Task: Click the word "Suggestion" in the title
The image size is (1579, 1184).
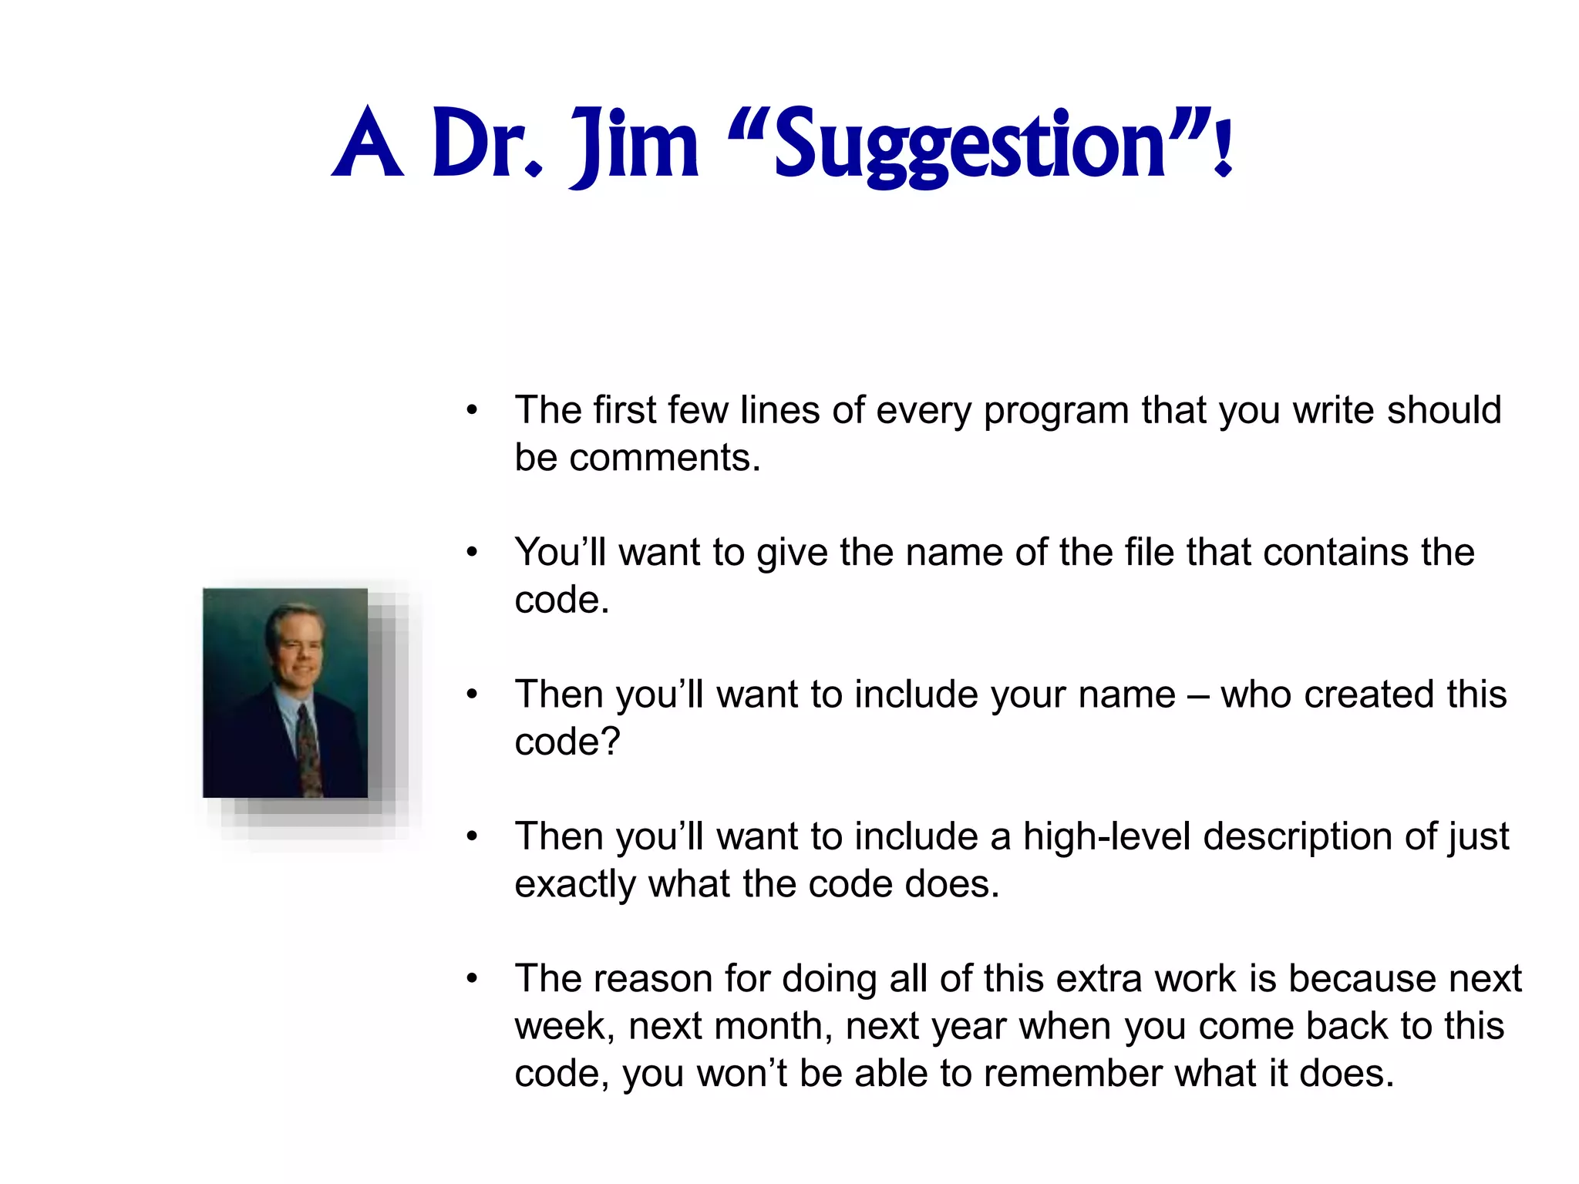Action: pos(970,145)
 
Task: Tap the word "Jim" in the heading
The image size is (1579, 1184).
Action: pos(634,145)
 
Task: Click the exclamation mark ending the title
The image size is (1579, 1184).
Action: pos(1223,145)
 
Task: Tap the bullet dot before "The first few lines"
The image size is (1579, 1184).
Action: pos(472,410)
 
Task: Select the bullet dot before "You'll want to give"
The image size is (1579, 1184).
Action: pos(472,552)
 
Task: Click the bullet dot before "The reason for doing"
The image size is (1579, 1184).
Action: pos(472,979)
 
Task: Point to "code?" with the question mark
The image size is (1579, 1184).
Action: pos(567,742)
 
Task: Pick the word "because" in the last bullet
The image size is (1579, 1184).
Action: pos(1362,979)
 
